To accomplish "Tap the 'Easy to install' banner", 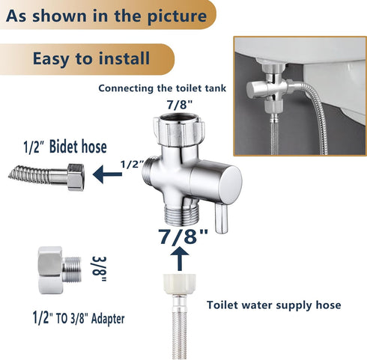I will (91, 58).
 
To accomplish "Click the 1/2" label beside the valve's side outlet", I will (131, 164).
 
